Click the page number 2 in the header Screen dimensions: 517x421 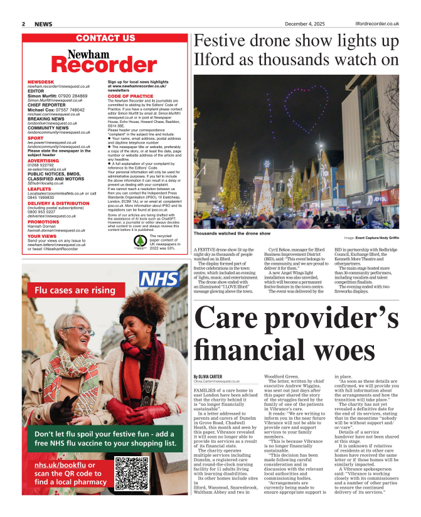coord(23,24)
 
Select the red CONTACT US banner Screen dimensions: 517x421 coord(105,38)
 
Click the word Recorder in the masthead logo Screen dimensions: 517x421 coord(104,65)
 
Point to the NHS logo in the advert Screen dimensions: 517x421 coord(159,280)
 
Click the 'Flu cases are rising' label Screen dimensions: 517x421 coord(75,290)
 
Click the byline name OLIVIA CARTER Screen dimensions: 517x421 coord(208,376)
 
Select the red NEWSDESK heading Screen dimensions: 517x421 coord(41,82)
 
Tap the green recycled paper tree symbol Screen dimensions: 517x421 coord(140,240)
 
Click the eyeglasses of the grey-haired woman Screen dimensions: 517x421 coord(84,331)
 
